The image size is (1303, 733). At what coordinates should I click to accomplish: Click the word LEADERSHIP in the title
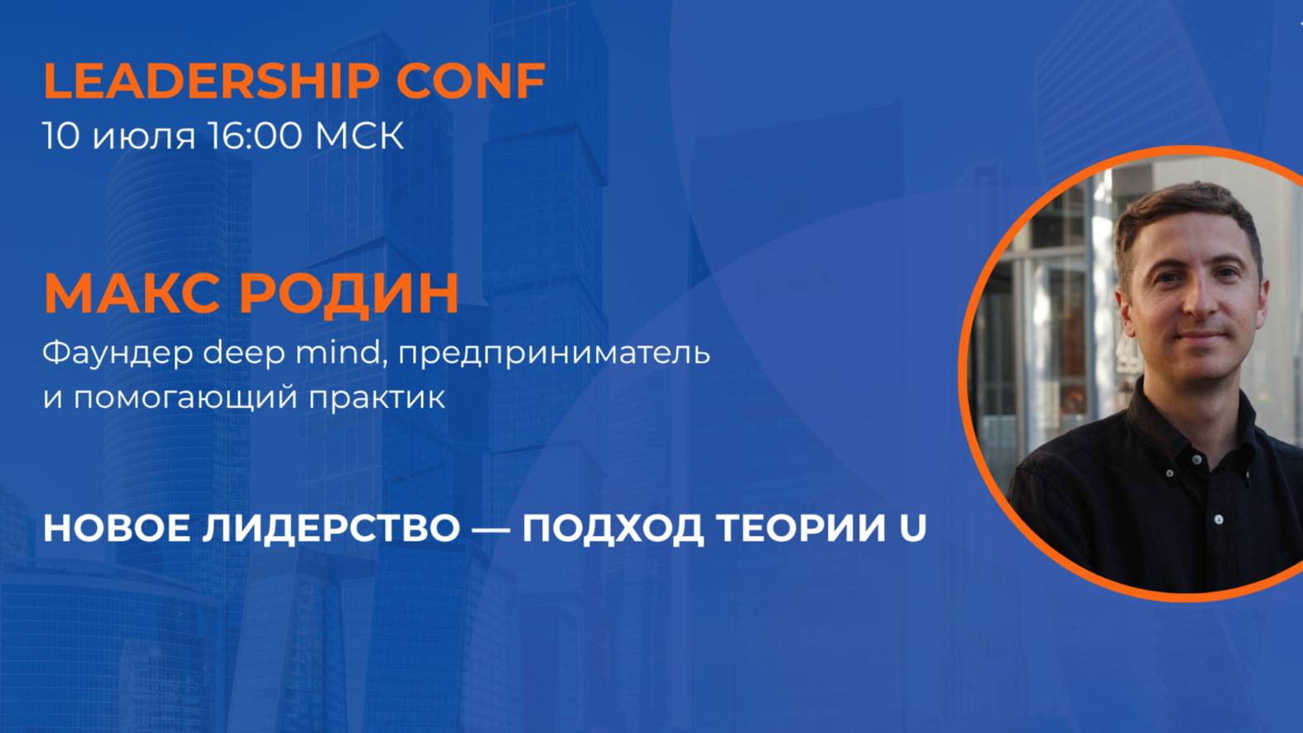211,80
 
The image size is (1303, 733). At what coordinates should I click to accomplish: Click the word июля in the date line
143,136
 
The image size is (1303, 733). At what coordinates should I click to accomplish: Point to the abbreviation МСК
359,136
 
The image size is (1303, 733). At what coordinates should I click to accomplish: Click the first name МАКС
132,292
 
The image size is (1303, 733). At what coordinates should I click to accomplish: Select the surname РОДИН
349,292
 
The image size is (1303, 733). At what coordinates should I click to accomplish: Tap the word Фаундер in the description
117,353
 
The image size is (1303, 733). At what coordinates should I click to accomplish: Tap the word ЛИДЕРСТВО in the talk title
331,528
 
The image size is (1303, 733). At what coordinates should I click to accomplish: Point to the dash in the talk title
491,528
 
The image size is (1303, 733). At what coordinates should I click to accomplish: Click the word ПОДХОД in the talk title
613,528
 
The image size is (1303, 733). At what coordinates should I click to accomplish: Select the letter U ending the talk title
912,528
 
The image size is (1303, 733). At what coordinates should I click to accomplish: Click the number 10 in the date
60,136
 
